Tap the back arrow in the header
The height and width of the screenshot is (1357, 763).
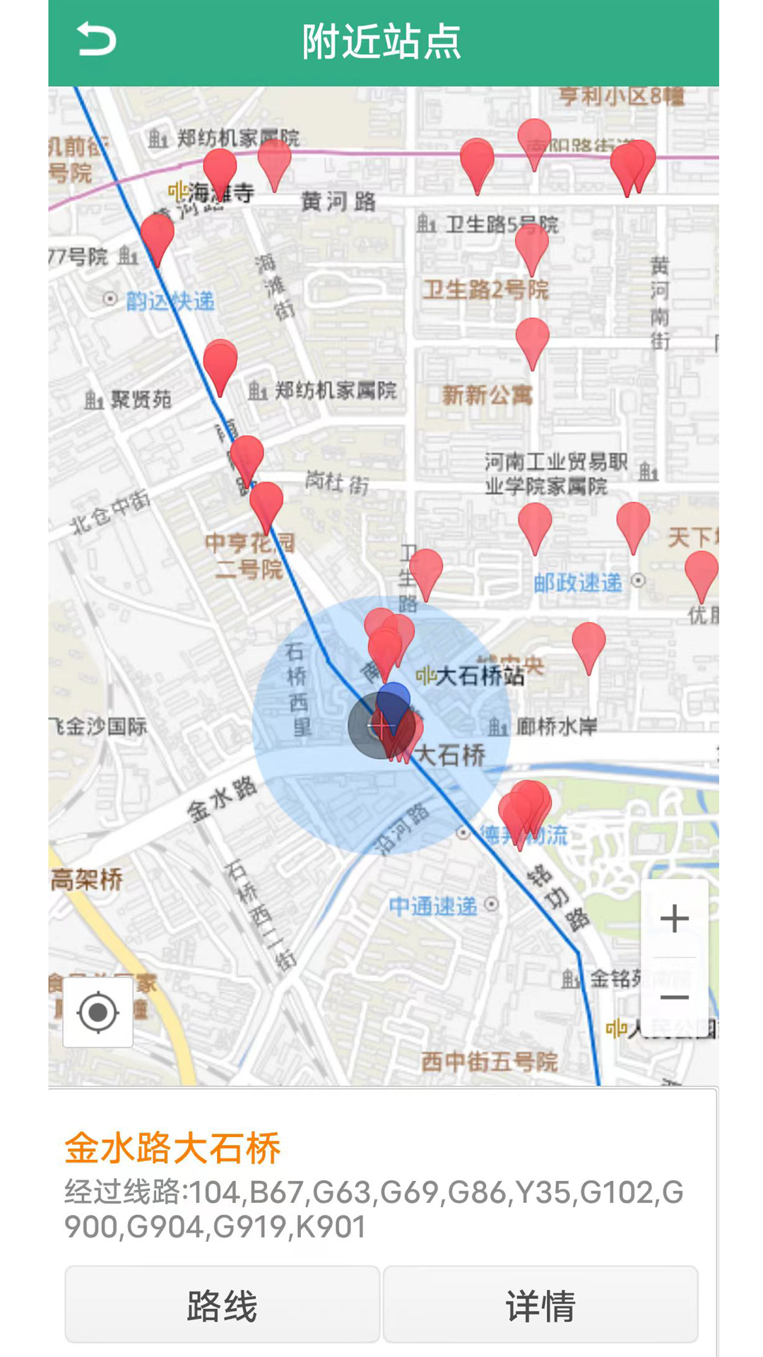coord(96,40)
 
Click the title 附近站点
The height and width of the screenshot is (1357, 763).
coord(381,41)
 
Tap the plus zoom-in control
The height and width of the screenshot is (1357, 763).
coord(674,918)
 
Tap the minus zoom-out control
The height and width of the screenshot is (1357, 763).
coord(674,997)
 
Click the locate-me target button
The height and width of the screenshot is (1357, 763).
coord(98,1012)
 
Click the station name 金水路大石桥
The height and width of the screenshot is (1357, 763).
coord(173,1148)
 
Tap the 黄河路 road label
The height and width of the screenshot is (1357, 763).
coord(338,202)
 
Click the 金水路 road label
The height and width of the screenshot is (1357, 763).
coord(222,799)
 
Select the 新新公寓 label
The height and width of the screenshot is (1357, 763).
coord(487,395)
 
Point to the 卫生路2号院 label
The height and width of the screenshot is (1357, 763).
coord(485,290)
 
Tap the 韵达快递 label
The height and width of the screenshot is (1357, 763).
coord(170,302)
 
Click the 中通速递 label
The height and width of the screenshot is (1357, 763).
coord(433,906)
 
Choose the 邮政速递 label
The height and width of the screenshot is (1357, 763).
coord(578,582)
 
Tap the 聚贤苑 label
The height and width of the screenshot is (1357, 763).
coord(141,400)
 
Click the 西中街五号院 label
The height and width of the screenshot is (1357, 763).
coord(489,1062)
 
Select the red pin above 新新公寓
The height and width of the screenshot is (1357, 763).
coord(532,339)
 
